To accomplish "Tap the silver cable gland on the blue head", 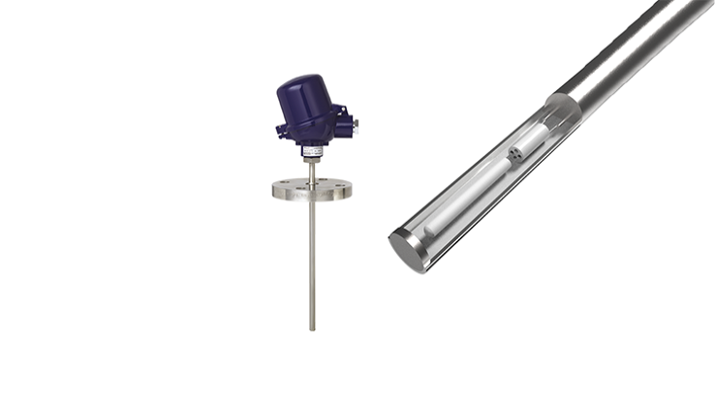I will point(355,122).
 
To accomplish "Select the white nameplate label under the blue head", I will point(311,151).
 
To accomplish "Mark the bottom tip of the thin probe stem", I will point(311,328).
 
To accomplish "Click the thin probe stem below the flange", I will point(311,262).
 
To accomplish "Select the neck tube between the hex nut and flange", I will point(311,172).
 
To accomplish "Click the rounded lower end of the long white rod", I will point(432,229).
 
